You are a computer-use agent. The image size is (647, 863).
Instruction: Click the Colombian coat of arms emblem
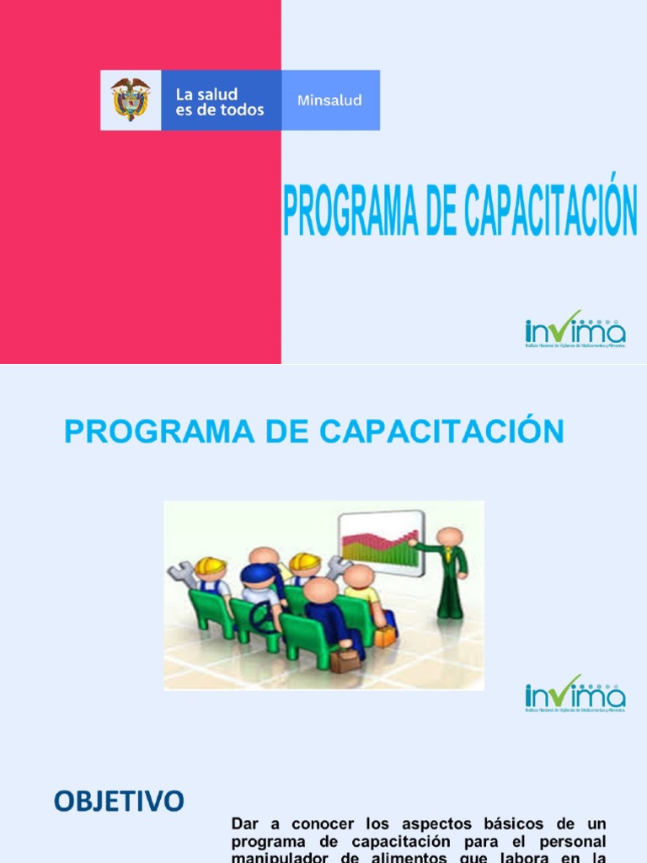[x=131, y=99]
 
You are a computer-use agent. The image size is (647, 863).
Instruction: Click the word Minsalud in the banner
[x=329, y=100]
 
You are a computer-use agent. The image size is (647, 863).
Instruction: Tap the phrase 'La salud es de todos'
[x=219, y=101]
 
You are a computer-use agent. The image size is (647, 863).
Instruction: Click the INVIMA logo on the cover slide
[x=575, y=330]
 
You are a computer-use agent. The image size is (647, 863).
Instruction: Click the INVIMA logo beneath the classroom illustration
[x=575, y=694]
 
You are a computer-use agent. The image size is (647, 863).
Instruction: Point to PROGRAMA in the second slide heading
[x=148, y=431]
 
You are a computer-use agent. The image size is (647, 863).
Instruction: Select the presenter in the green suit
[x=451, y=573]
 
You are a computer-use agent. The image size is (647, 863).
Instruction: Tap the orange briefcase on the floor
[x=385, y=635]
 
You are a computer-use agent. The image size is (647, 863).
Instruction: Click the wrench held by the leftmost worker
[x=180, y=574]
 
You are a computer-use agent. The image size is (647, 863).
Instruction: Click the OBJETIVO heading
[x=119, y=801]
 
